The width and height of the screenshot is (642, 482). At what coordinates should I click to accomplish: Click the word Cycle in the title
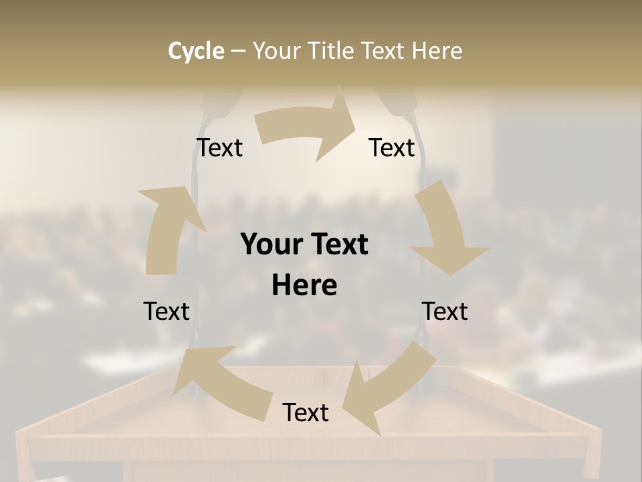pos(196,51)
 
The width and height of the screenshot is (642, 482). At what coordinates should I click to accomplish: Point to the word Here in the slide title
pos(435,51)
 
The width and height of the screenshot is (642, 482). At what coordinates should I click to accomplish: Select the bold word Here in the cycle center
pos(304,286)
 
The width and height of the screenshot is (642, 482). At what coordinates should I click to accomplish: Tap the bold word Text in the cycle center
pos(338,245)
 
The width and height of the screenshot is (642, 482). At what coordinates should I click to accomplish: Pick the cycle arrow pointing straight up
pos(167,228)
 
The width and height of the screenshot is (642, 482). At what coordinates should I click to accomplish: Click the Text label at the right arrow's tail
pos(219,147)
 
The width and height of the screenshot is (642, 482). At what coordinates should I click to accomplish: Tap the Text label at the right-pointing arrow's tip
pos(392,147)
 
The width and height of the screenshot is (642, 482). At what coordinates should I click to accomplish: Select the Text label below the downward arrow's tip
pos(445,311)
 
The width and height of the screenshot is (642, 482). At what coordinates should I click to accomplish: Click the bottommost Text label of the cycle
pos(306,413)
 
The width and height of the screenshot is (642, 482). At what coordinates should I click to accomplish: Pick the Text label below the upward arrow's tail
pos(167,311)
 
